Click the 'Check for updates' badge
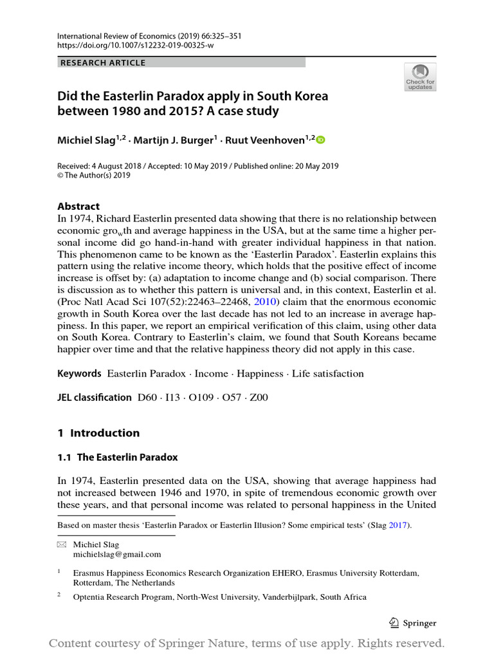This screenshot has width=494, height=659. tap(420, 77)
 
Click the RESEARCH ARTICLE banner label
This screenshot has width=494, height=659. tap(103, 62)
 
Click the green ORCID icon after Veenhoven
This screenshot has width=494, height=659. tap(321, 140)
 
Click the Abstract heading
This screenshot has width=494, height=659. tap(78, 206)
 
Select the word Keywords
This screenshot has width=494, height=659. tap(80, 373)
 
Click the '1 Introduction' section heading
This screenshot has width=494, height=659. tap(98, 432)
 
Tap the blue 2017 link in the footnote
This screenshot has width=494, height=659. tap(398, 525)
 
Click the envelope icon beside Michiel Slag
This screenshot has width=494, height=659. tap(62, 544)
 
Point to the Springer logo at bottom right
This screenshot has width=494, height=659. tap(413, 622)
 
